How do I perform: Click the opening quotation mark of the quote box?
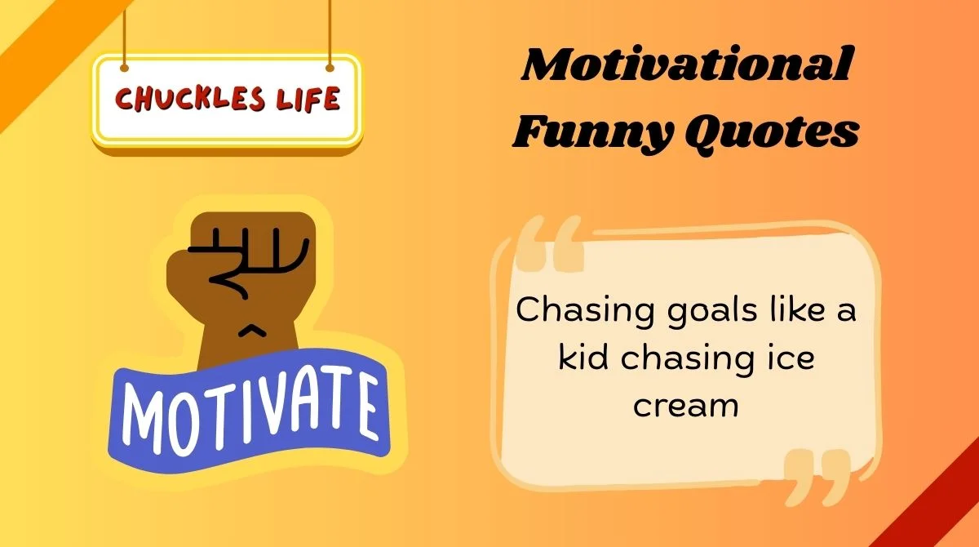552,244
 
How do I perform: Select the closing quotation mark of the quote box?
816,478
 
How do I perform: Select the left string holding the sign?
124,33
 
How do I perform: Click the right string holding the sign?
330,33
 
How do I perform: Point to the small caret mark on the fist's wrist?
253,330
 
